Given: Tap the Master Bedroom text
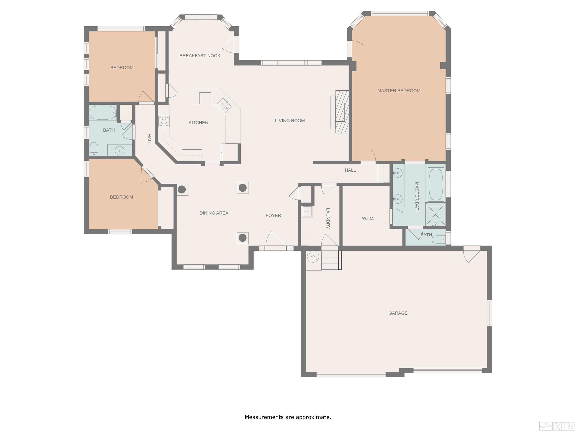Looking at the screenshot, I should (399, 91).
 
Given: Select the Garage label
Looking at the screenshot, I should (398, 313).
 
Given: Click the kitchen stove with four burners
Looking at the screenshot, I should (164, 121).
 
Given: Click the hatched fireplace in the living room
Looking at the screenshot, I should (342, 112).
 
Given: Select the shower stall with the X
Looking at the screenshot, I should (435, 214).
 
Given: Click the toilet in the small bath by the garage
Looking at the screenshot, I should (439, 239).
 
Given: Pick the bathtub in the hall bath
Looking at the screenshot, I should (103, 112).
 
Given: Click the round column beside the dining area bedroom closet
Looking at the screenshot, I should (182, 189).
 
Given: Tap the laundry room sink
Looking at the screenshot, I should (307, 211).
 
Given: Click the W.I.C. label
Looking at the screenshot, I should (368, 218).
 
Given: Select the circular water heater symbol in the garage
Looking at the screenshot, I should (313, 257).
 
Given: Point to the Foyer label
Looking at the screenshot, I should (273, 215).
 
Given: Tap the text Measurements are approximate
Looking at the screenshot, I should (288, 417).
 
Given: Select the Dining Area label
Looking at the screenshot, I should (214, 213).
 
